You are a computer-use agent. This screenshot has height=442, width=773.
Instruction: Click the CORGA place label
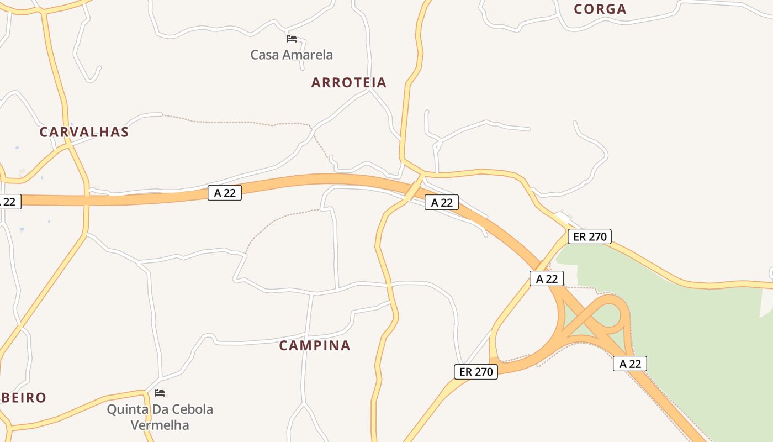600,9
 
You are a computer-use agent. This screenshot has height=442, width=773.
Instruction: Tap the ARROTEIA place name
349,83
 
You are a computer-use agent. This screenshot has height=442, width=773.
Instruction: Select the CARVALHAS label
84,133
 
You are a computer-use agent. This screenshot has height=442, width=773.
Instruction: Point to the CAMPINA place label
315,346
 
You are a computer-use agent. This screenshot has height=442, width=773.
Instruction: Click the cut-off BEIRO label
23,398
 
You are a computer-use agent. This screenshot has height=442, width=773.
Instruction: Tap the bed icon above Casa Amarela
292,39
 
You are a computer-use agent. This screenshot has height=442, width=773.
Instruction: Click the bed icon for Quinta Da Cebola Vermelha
160,393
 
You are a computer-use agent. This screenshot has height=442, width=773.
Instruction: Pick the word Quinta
127,409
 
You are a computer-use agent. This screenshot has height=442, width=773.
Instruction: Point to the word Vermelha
160,425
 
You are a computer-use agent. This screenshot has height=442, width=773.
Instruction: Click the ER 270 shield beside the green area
590,237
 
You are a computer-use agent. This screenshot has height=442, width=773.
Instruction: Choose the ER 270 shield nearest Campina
476,372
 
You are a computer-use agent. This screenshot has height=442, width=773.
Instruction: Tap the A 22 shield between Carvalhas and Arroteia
225,193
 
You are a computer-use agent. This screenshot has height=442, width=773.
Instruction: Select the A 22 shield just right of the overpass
442,203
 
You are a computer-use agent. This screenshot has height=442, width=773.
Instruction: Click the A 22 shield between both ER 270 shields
547,279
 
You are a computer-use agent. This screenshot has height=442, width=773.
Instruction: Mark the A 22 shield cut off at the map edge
9,202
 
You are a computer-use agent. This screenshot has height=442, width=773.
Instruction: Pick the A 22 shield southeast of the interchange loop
630,364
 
